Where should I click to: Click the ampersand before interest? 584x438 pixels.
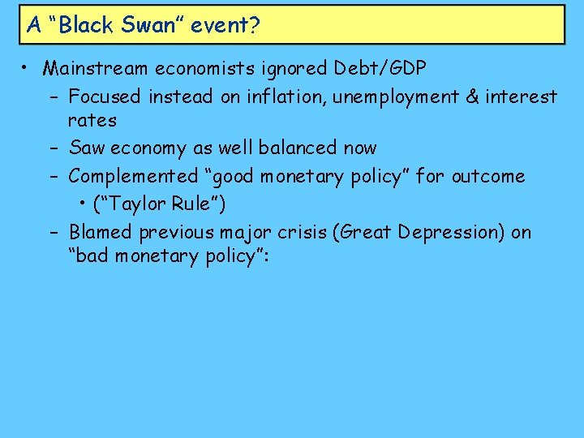click(x=473, y=97)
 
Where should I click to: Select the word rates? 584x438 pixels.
click(x=92, y=121)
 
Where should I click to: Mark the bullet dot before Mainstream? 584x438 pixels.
click(x=26, y=67)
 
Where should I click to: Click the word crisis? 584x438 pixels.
click(x=308, y=232)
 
